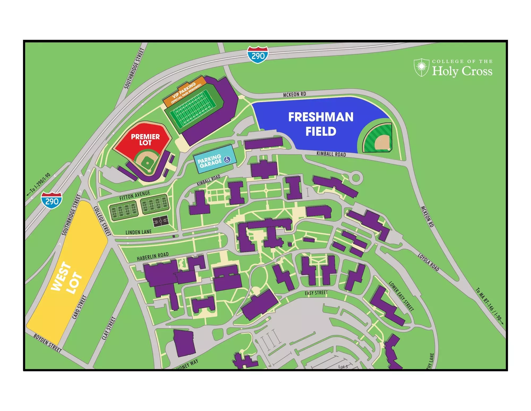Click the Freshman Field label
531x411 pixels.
point(321,124)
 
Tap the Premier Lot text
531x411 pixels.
point(145,140)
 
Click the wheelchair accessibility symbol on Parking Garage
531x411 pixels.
point(227,160)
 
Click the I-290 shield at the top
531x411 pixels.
point(257,55)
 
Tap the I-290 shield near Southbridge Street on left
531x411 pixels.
point(52,200)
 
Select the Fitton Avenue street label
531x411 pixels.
point(135,196)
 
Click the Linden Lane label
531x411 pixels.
point(138,232)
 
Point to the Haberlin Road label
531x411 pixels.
point(153,256)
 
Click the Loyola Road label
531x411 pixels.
point(428,262)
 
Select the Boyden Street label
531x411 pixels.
point(48,343)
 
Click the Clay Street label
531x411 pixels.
point(109,328)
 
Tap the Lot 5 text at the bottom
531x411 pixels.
point(343,367)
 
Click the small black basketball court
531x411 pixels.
point(160,221)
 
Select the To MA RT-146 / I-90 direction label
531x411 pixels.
point(489,306)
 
